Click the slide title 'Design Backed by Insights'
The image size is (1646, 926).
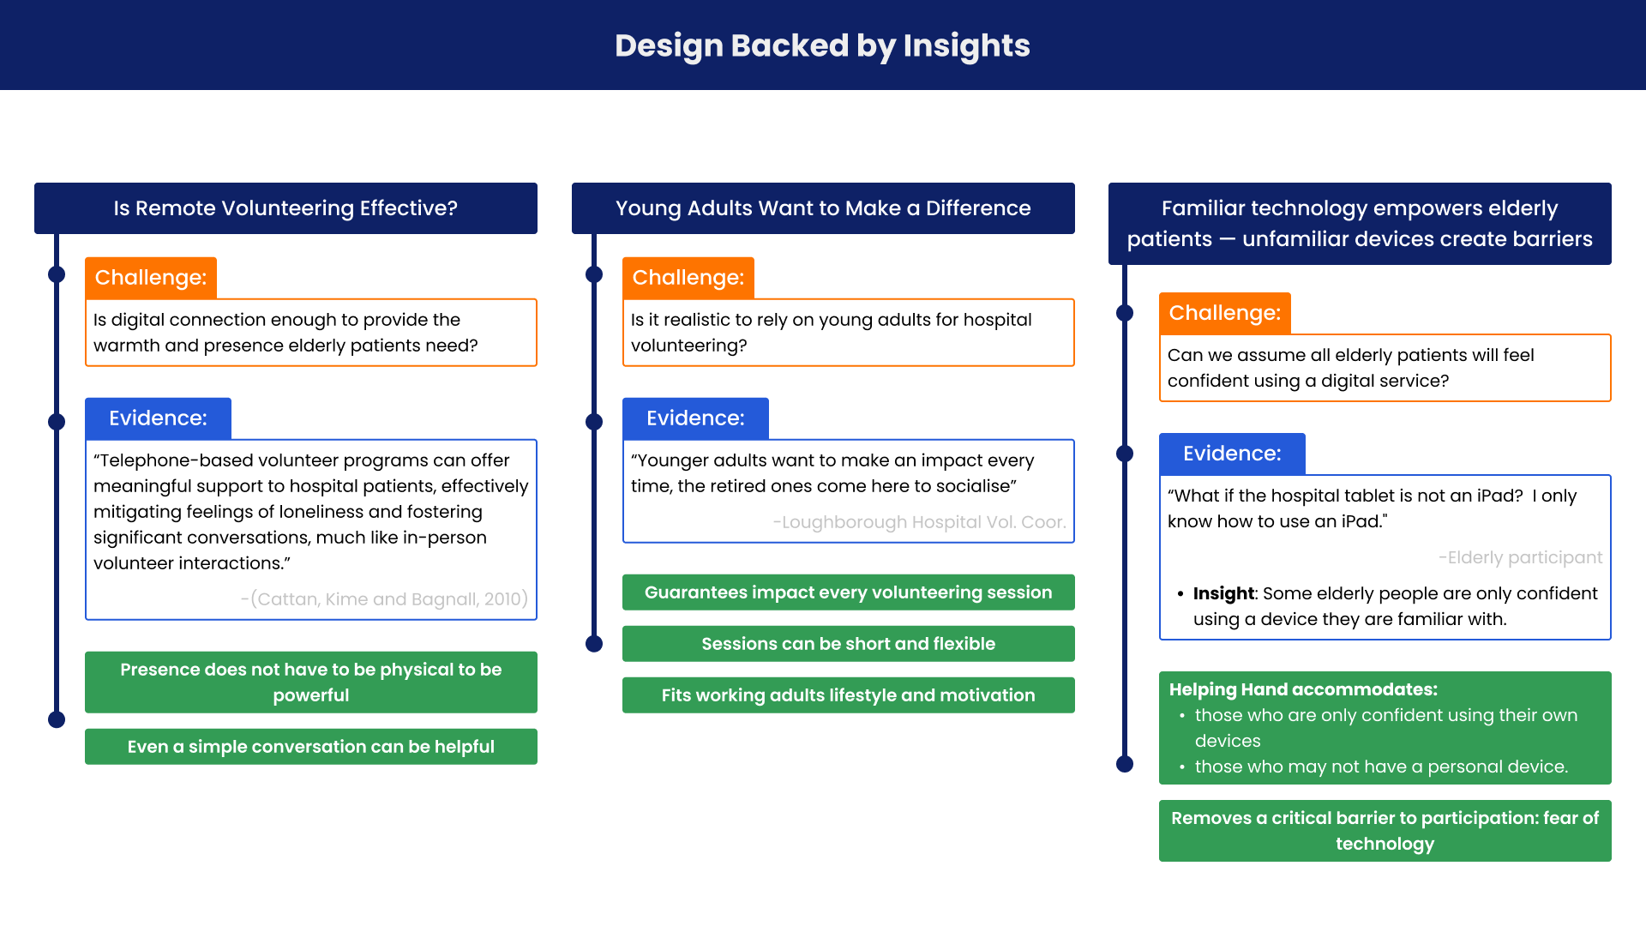pyautogui.click(x=822, y=45)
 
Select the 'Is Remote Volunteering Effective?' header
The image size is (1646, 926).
pyautogui.click(x=285, y=208)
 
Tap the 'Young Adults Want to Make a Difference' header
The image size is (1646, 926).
pyautogui.click(x=823, y=208)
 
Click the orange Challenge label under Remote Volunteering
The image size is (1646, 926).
pyautogui.click(x=151, y=278)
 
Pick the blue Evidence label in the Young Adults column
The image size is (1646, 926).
pyautogui.click(x=695, y=418)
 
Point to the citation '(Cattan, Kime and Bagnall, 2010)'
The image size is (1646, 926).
pyautogui.click(x=384, y=599)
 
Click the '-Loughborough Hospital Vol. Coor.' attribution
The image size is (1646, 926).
pyautogui.click(x=919, y=522)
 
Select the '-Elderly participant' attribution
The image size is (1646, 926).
pyautogui.click(x=1520, y=557)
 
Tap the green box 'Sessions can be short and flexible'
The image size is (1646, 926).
pyautogui.click(x=849, y=644)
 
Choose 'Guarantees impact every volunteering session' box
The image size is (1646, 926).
pyautogui.click(x=849, y=592)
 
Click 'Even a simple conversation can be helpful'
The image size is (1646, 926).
pyautogui.click(x=311, y=747)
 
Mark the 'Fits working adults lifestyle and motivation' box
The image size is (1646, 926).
pyautogui.click(x=849, y=695)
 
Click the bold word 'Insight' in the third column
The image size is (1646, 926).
pyautogui.click(x=1223, y=593)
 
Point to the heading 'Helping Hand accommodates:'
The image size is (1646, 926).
pyautogui.click(x=1303, y=689)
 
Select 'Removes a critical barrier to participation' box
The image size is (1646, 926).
pyautogui.click(x=1385, y=831)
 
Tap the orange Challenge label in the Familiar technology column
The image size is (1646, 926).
pyautogui.click(x=1225, y=313)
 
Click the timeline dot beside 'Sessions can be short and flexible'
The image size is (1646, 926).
pyautogui.click(x=594, y=644)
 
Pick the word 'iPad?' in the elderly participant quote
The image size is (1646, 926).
pyautogui.click(x=1500, y=496)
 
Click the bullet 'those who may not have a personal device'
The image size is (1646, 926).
pyautogui.click(x=1381, y=767)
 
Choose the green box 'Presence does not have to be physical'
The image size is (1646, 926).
pyautogui.click(x=311, y=682)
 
